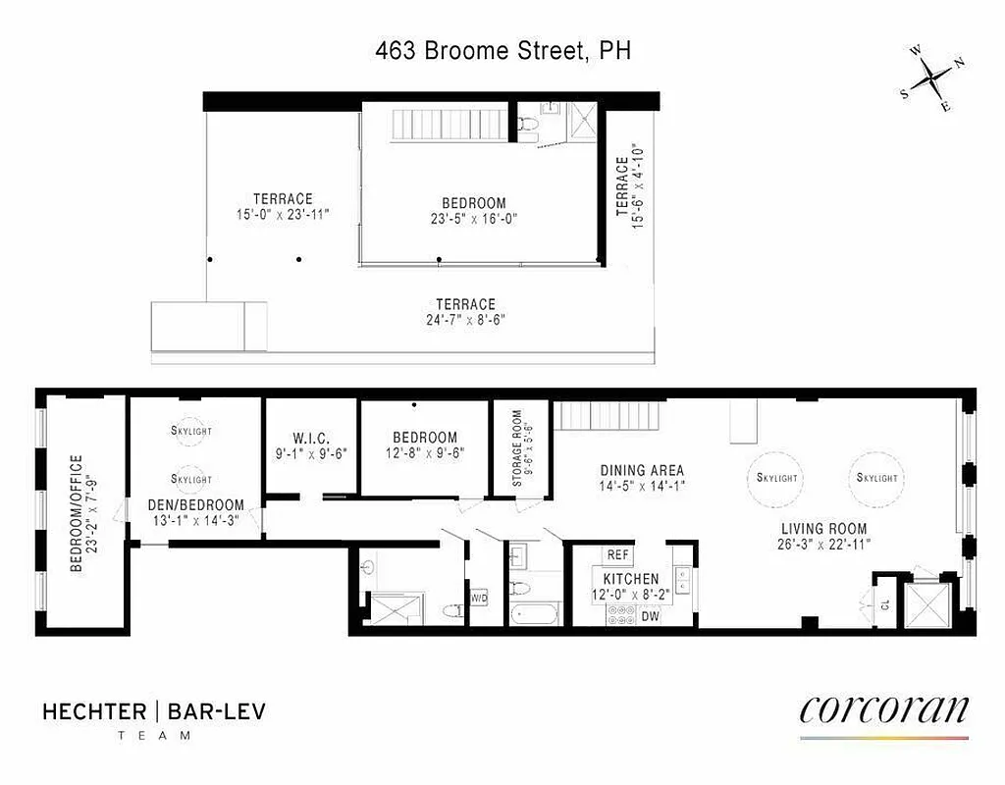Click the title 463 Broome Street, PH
(x=502, y=51)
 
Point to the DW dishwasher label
(x=650, y=617)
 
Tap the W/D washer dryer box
(x=479, y=598)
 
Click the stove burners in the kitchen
(x=620, y=615)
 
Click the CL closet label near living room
(x=884, y=605)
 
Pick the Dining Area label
(x=642, y=470)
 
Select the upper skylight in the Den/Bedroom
(x=191, y=430)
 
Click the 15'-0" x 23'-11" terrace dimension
(x=283, y=214)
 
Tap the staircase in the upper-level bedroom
(x=448, y=126)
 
